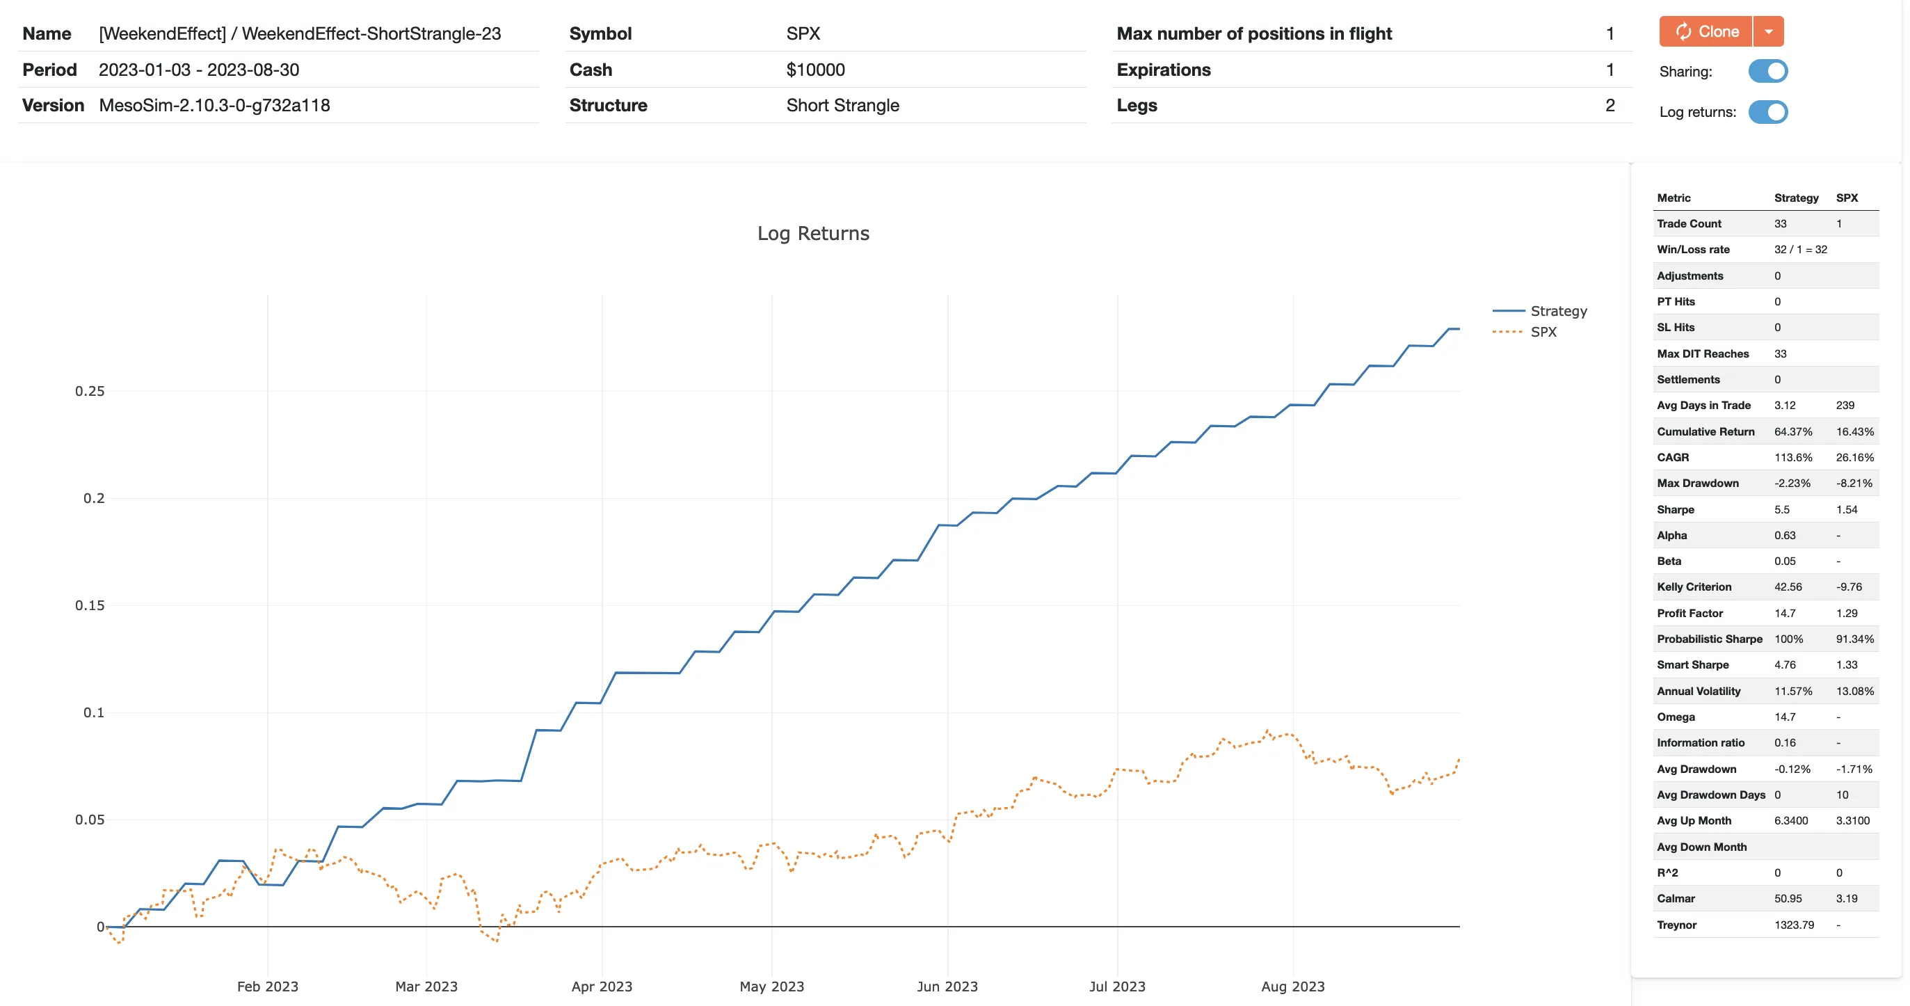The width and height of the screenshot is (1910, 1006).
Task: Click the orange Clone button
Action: (x=1706, y=32)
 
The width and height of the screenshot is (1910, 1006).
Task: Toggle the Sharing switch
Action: (x=1767, y=71)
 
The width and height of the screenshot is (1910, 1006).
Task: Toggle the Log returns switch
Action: (x=1767, y=112)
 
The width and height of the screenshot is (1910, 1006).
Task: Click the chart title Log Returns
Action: (x=812, y=233)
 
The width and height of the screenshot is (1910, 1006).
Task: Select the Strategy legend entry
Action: (x=1558, y=311)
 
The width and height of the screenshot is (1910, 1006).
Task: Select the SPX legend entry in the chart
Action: (x=1543, y=332)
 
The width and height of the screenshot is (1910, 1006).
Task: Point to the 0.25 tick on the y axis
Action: (x=90, y=391)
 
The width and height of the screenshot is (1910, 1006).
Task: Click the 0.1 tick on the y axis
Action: (x=93, y=712)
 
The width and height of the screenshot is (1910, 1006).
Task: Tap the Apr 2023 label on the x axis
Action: (x=602, y=986)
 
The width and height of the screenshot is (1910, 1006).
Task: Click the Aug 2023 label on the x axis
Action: (x=1292, y=986)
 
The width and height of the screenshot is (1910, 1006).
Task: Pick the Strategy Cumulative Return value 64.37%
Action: (x=1792, y=432)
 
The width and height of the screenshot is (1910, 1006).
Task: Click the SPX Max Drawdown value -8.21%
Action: (x=1854, y=483)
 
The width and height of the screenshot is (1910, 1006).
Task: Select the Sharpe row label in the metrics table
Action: (x=1675, y=510)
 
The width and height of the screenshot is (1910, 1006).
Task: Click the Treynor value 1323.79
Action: (x=1794, y=925)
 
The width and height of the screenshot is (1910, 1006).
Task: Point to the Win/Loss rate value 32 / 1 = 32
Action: (x=1799, y=249)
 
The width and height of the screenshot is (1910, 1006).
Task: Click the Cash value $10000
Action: (x=815, y=70)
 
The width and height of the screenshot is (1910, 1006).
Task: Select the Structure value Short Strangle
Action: (x=842, y=105)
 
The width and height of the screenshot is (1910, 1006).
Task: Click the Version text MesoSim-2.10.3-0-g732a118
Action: (x=214, y=105)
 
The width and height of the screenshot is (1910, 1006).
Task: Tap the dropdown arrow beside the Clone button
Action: (x=1768, y=32)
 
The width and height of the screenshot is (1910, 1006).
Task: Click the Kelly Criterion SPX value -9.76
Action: (x=1849, y=587)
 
